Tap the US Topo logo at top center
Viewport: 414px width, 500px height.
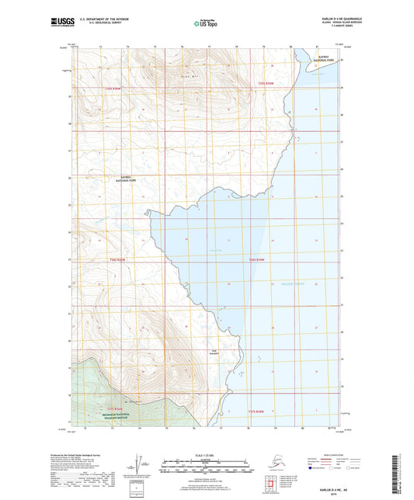point(206,23)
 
